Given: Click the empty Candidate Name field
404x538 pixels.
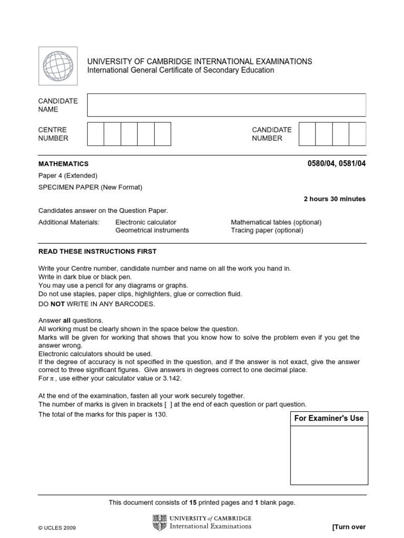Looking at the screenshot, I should pos(226,105).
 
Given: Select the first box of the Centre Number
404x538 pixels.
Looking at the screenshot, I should pos(95,133).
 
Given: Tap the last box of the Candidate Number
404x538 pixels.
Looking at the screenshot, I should pos(357,133).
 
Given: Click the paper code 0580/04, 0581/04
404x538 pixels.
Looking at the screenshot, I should pos(336,163).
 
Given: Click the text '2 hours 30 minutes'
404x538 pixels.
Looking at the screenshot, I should pos(335,199).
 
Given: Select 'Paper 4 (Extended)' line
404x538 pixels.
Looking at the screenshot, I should pos(68,176).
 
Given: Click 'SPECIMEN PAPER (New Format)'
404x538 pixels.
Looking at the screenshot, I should pos(90,187).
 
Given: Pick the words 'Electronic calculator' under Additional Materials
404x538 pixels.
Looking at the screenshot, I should pos(146,222).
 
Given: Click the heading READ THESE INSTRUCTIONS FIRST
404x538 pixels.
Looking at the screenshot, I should pos(97,252).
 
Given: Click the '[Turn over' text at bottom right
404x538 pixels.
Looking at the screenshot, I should pos(348,527).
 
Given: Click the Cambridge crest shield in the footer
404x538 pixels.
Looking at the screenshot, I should pos(157,522).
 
